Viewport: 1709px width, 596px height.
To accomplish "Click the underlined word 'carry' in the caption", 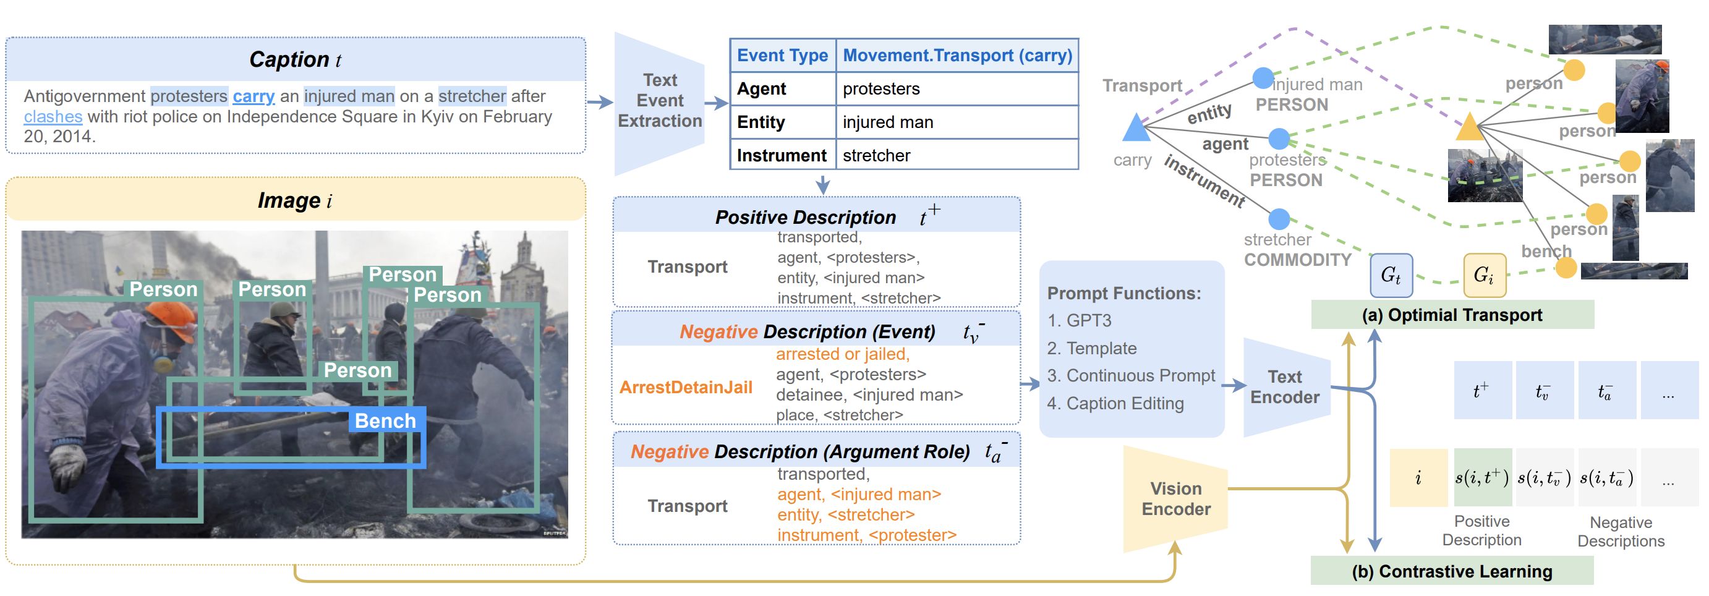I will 254,96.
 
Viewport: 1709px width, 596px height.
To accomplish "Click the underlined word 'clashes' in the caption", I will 53,117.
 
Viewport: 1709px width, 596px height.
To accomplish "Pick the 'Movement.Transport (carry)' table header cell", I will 957,56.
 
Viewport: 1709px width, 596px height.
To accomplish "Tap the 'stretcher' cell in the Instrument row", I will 876,155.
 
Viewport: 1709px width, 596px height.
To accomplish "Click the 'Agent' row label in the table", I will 762,89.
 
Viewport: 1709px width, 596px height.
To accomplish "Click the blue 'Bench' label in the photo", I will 385,420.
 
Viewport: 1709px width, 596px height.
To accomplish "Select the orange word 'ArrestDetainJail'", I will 685,387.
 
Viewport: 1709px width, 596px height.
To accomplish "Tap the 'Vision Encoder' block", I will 1175,498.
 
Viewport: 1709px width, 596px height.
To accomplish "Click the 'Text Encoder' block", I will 1284,386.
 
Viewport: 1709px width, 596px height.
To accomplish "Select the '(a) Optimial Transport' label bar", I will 1452,315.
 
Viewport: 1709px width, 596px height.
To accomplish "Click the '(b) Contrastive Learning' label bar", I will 1452,571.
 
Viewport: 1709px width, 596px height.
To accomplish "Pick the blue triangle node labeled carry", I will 1136,129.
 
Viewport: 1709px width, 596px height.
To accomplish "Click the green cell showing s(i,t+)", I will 1481,477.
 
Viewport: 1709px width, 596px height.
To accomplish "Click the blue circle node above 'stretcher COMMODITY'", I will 1279,218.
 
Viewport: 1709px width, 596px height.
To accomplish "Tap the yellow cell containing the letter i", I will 1418,477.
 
